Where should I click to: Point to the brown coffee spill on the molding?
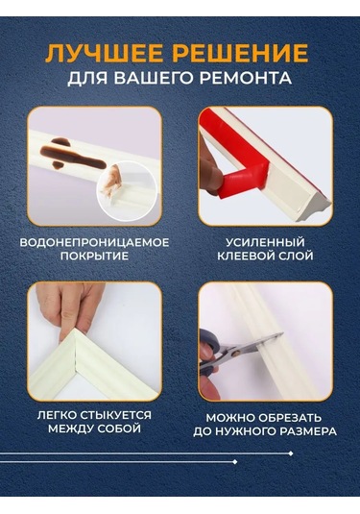click(70, 154)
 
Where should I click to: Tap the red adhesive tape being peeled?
click(236, 164)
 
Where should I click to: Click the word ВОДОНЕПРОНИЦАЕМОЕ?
click(94, 242)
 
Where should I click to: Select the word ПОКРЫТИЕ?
click(94, 256)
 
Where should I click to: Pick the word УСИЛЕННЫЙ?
click(265, 242)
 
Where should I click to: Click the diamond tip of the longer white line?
click(291, 453)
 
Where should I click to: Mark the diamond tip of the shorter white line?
click(234, 462)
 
